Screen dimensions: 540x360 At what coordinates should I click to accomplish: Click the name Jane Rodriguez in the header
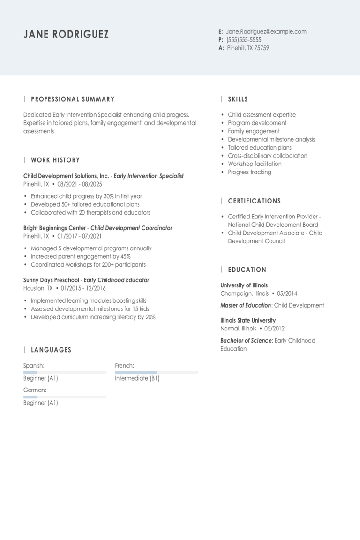point(66,34)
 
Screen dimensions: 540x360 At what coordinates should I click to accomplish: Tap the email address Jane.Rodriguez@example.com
point(266,32)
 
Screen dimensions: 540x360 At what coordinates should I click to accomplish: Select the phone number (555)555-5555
point(244,40)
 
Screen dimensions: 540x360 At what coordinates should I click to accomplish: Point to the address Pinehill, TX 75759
point(248,48)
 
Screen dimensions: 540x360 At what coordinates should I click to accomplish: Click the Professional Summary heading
point(73,99)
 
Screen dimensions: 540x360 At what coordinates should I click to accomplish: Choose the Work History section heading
point(55,160)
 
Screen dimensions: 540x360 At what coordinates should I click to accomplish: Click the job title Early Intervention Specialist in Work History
point(149,176)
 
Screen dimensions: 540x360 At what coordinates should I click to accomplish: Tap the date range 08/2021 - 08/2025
point(80,184)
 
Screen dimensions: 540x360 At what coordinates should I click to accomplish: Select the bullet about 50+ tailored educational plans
point(85,204)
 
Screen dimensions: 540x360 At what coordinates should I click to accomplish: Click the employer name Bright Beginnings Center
point(54,228)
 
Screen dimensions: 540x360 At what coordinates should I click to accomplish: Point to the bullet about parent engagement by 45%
point(81,256)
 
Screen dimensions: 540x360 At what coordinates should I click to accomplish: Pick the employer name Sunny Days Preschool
point(51,280)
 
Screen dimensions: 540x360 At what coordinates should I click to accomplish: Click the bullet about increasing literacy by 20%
point(93,317)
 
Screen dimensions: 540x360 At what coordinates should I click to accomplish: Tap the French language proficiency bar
point(157,373)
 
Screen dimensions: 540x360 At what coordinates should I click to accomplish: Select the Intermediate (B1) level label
point(137,378)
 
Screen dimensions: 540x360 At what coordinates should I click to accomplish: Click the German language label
point(35,390)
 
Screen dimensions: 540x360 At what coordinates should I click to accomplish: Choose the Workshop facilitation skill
point(255,164)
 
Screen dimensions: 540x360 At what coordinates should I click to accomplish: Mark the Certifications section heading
point(255,201)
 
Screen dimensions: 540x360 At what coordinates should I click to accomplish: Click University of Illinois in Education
point(244,285)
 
